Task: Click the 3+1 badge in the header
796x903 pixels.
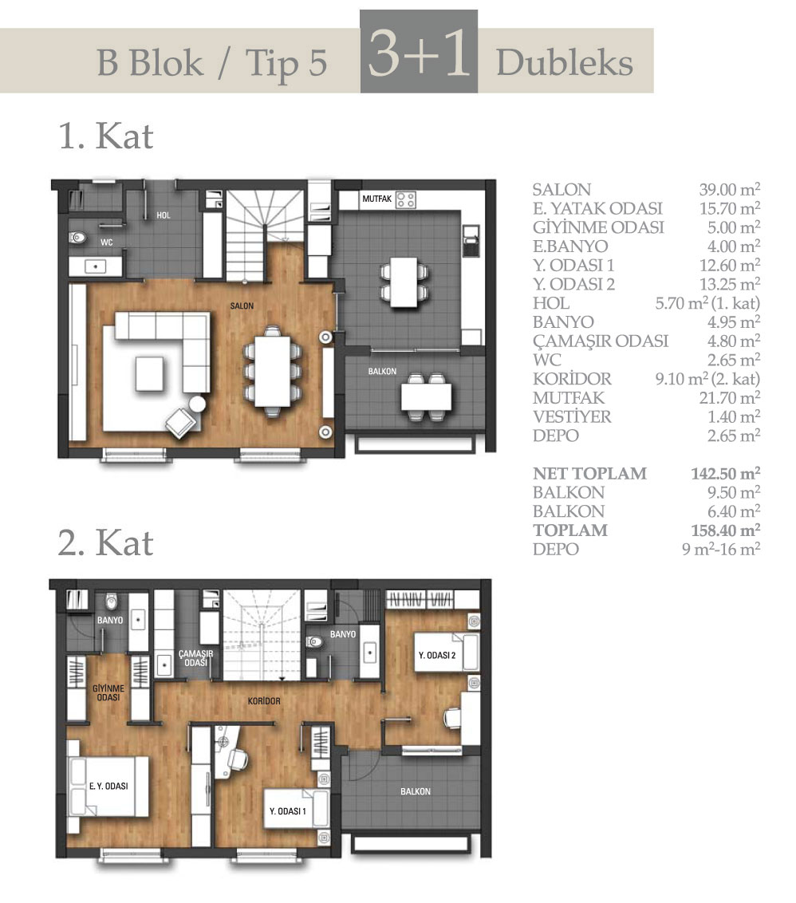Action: point(419,51)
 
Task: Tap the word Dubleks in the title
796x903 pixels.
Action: point(565,62)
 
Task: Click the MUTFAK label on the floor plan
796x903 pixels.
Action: point(376,199)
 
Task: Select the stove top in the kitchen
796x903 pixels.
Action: point(405,200)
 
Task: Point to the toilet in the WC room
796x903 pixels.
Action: point(77,237)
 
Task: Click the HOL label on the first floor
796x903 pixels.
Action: point(163,215)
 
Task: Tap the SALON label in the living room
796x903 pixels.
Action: point(242,306)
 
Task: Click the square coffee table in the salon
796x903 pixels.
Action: point(150,374)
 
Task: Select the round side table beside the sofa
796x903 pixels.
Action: point(198,404)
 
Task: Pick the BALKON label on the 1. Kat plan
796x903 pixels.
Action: point(383,372)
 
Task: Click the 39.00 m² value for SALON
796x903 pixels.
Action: point(729,189)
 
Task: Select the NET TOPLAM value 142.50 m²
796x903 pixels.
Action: point(725,473)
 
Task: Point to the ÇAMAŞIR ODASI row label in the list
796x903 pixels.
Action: point(601,341)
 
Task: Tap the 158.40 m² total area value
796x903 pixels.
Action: point(725,530)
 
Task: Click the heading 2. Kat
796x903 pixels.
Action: point(105,543)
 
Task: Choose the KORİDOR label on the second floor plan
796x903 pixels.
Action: point(264,701)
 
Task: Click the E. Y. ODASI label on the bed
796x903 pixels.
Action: point(108,786)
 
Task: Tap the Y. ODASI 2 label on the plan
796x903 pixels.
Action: point(437,656)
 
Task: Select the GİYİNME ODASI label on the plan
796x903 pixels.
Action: point(108,692)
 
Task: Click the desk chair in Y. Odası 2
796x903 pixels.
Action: point(451,718)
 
